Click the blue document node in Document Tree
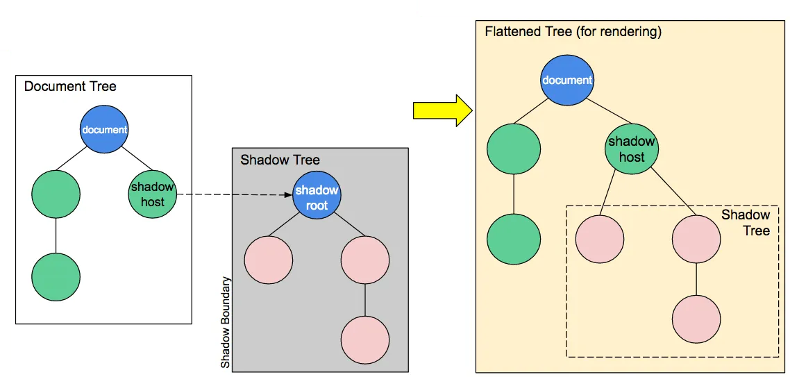pos(104,130)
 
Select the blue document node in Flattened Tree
pos(567,80)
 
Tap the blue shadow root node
pos(317,197)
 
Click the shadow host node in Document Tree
pos(153,194)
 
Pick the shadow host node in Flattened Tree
pos(631,149)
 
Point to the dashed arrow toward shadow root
pos(233,196)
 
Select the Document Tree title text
pos(70,87)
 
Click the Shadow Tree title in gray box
pos(280,160)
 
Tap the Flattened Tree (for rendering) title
pos(573,32)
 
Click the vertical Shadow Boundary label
pos(226,324)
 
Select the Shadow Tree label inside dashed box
pos(746,222)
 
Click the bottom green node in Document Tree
pos(56,276)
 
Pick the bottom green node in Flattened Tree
pos(514,240)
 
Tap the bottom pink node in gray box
pos(365,340)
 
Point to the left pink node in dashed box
pos(600,240)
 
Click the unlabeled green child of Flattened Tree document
pos(514,149)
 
